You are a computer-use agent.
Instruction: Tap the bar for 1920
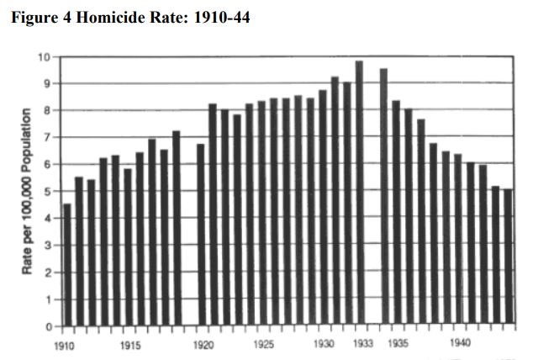[201, 235]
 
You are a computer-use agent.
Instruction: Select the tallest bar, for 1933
[359, 193]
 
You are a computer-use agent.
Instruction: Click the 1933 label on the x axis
[363, 345]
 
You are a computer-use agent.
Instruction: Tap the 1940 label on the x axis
[460, 345]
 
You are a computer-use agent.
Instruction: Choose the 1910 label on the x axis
[65, 345]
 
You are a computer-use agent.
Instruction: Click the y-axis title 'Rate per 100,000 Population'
[27, 191]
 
